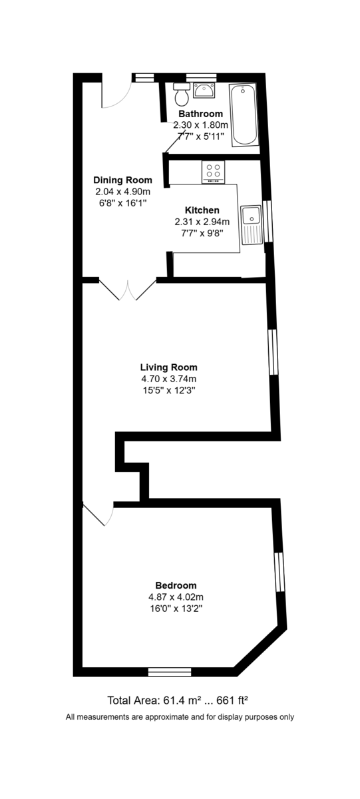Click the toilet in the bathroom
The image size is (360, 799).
point(180,96)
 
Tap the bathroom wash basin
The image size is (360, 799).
point(203,90)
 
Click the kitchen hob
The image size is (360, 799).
point(214,172)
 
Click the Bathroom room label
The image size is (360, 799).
point(200,114)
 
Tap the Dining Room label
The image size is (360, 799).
point(122,180)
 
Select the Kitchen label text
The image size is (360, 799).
point(202,210)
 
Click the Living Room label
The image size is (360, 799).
point(168,367)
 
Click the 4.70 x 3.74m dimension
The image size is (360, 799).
point(168,379)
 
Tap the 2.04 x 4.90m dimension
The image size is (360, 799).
point(122,191)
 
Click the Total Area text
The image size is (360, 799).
point(178,700)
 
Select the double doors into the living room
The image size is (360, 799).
point(127,290)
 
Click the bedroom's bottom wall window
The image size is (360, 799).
point(169,671)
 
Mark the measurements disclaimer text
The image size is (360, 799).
point(180,717)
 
